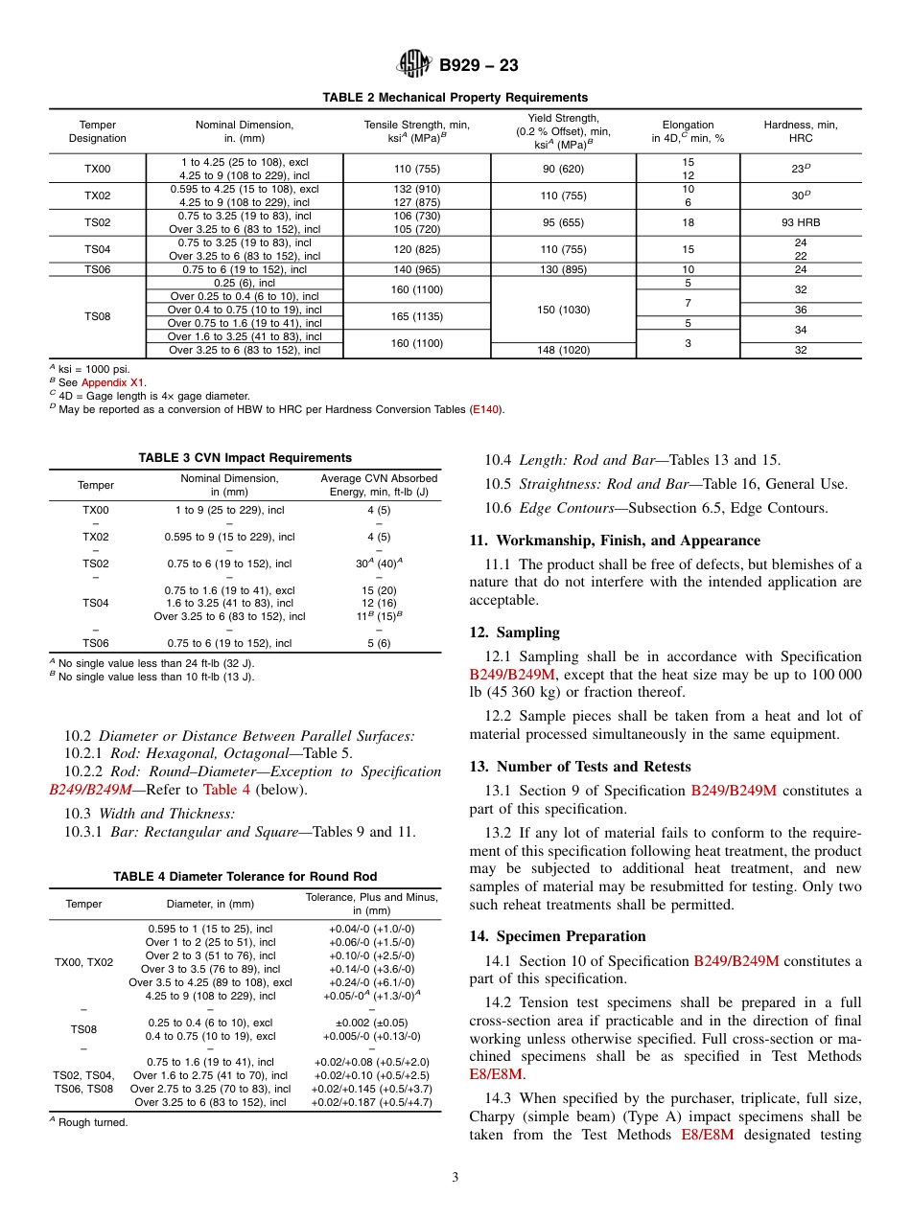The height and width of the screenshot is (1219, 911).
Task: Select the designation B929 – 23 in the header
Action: pyautogui.click(x=479, y=66)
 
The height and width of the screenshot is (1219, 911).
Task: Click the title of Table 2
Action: pyautogui.click(x=455, y=98)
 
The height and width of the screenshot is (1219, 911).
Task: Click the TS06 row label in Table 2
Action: pyautogui.click(x=97, y=269)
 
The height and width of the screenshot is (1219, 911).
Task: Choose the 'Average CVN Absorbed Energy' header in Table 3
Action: pyautogui.click(x=379, y=485)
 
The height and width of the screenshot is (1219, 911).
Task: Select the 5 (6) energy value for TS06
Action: pyautogui.click(x=379, y=643)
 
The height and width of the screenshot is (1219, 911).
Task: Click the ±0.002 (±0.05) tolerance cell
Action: pyautogui.click(x=371, y=1023)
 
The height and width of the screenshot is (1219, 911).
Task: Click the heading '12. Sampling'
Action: pyautogui.click(x=514, y=632)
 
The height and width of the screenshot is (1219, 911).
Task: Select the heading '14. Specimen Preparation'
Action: pyautogui.click(x=557, y=936)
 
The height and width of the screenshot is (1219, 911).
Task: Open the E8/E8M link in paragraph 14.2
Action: pyautogui.click(x=495, y=1074)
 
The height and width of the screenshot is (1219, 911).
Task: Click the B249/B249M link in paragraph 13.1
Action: pyautogui.click(x=734, y=791)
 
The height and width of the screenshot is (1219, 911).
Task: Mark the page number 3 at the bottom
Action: pyautogui.click(x=455, y=1178)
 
